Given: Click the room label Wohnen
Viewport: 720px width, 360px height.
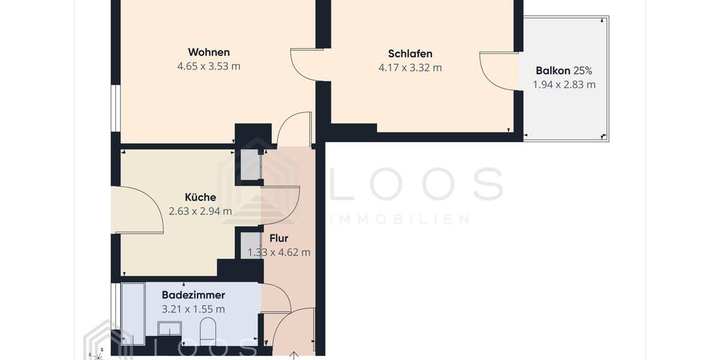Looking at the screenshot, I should click(x=209, y=52).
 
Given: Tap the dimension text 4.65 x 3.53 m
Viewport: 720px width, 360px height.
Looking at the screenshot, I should click(x=209, y=67).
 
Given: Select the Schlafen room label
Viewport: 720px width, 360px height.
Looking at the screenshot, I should click(x=410, y=53).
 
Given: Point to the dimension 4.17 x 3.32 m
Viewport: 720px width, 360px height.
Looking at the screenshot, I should click(x=410, y=68).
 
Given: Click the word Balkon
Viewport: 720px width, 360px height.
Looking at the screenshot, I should click(x=553, y=71).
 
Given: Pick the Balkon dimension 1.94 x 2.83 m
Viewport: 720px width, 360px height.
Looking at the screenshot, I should click(x=564, y=85).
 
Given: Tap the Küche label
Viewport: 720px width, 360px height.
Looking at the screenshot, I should click(x=200, y=197).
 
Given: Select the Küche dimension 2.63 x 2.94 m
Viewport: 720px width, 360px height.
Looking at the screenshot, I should click(x=200, y=211).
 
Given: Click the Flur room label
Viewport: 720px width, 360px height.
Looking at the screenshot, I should click(x=279, y=238).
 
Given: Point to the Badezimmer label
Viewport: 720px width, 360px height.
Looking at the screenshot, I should click(x=193, y=295).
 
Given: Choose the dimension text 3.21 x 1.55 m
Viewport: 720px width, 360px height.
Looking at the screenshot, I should click(x=193, y=310).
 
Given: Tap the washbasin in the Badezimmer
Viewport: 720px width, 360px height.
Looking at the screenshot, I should click(x=169, y=329).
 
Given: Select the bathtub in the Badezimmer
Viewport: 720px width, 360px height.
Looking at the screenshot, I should click(x=133, y=314).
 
